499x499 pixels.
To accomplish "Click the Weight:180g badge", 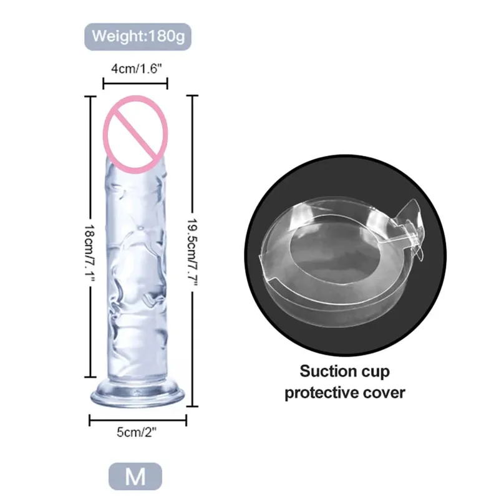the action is [x=138, y=37].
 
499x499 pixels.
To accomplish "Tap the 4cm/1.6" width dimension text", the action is [x=136, y=69].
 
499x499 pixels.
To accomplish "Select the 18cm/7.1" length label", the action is [x=90, y=253].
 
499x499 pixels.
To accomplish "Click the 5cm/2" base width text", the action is [x=137, y=432].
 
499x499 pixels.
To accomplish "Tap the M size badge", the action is [x=135, y=477].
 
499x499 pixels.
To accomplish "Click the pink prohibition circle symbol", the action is [x=135, y=134].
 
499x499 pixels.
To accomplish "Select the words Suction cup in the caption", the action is [x=345, y=371].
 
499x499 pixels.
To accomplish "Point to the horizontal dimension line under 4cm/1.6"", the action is [x=135, y=84].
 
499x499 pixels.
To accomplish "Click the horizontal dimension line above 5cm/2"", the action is [x=138, y=420].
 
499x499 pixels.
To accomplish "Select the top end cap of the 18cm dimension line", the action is [x=90, y=96].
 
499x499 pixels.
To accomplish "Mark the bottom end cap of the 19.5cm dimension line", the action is [x=192, y=406].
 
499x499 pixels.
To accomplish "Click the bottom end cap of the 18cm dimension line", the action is [x=90, y=377].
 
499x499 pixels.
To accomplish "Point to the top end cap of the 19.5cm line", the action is [x=192, y=95].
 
